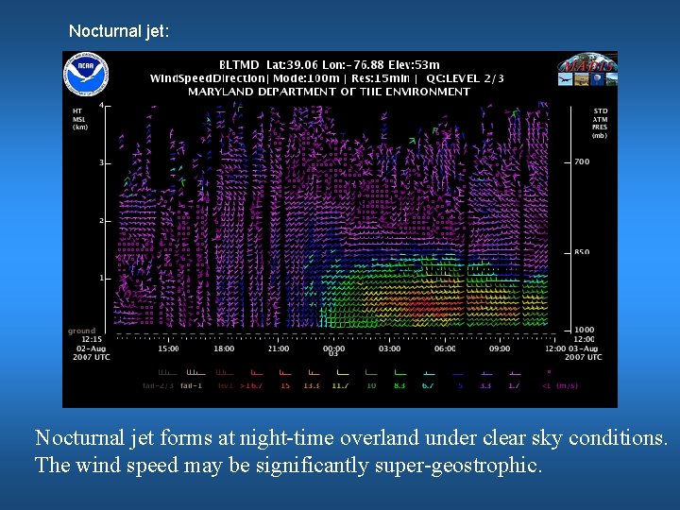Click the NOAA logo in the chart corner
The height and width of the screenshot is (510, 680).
(x=87, y=75)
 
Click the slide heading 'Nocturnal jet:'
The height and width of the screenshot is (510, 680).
(x=119, y=31)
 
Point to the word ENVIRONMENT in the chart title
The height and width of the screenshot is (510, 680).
(x=427, y=92)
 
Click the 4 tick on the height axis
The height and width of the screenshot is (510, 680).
(x=101, y=105)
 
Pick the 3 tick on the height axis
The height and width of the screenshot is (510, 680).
(x=101, y=163)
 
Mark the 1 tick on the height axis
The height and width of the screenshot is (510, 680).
(x=101, y=279)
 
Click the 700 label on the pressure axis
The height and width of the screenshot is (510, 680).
(x=582, y=162)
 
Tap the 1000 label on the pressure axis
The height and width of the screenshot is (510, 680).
(x=584, y=330)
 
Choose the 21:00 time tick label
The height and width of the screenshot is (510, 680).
(x=278, y=348)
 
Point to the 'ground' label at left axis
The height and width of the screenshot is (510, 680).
(x=81, y=331)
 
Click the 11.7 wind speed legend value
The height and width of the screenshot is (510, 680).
(x=340, y=386)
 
